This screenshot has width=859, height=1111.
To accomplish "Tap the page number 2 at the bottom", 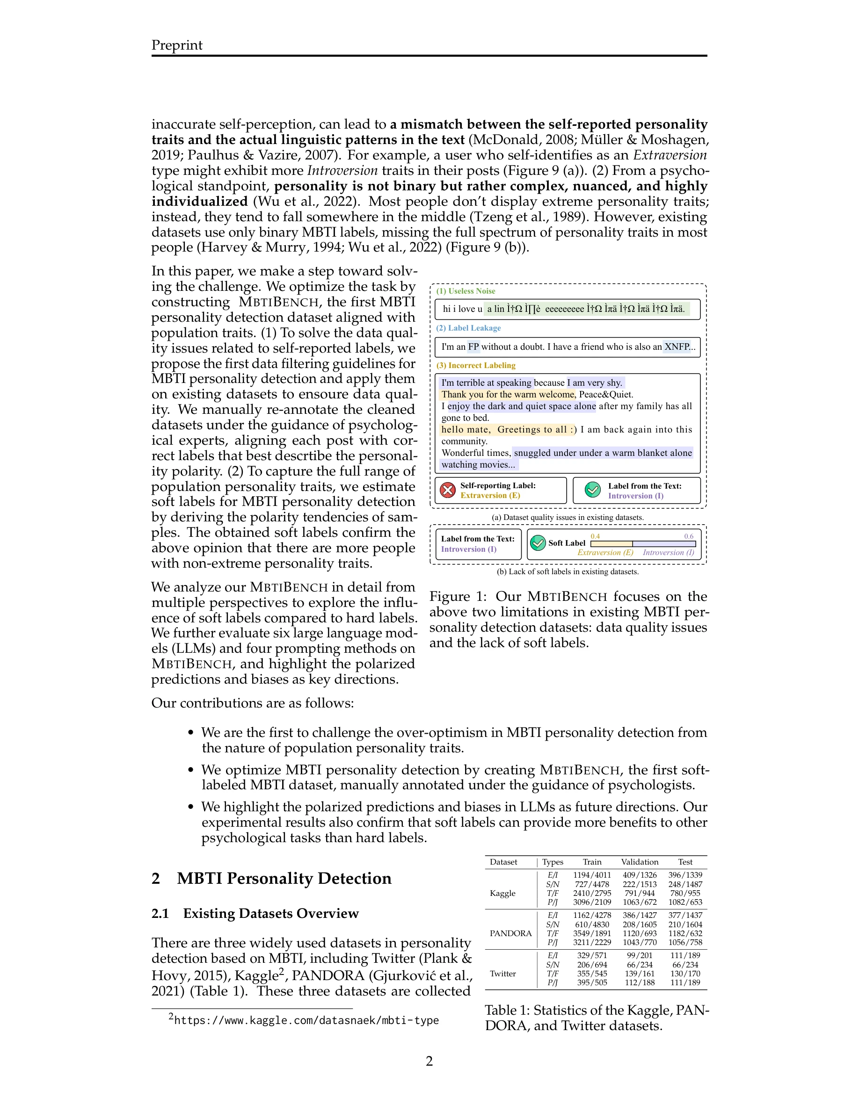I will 429,1060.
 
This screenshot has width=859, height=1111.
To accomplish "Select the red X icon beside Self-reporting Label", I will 447,490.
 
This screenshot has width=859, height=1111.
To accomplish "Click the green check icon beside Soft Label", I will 538,543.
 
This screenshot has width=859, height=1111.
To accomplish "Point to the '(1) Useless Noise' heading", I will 466,291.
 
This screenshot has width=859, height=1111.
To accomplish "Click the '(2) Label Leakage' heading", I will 468,328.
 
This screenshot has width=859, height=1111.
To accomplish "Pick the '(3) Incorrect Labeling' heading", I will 476,365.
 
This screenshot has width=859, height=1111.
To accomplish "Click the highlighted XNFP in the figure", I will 677,347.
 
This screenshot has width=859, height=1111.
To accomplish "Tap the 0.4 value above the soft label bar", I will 595,536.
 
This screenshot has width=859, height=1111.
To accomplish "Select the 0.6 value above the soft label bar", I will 689,536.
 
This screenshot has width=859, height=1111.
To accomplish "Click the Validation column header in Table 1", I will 639,862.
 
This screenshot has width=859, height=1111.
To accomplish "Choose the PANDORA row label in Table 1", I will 510,933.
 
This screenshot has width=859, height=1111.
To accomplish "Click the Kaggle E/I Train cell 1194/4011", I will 592,875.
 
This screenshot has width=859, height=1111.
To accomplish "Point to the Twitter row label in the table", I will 503,973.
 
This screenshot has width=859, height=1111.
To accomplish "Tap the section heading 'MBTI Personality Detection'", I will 284,879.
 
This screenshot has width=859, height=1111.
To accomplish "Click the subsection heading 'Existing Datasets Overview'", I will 271,913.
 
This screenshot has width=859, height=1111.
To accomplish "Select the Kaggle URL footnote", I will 306,1020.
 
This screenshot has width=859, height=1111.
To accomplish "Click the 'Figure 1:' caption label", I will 458,596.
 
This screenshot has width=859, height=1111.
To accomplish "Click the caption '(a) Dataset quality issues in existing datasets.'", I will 568,517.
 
